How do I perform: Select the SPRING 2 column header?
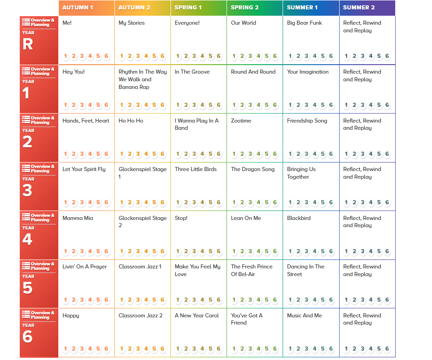pos(244,8)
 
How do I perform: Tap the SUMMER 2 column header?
pos(359,8)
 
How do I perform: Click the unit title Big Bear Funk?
pos(304,23)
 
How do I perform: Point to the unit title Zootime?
pos(241,121)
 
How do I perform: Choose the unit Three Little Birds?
pos(196,169)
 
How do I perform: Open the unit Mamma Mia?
pos(78,218)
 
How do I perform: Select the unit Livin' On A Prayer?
pos(84,267)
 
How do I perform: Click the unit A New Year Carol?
pos(196,316)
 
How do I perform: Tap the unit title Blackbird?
pos(299,218)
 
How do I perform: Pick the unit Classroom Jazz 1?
pos(140,267)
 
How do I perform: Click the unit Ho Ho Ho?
pos(131,121)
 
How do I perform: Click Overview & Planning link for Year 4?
pos(39,218)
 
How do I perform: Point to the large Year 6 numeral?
pos(27,336)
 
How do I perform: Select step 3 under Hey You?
pos(82,105)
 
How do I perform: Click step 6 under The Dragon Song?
pos(275,203)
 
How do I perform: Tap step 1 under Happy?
pos(65,349)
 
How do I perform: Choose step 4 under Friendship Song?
pos(314,154)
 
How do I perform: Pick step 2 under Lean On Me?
pos(242,251)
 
